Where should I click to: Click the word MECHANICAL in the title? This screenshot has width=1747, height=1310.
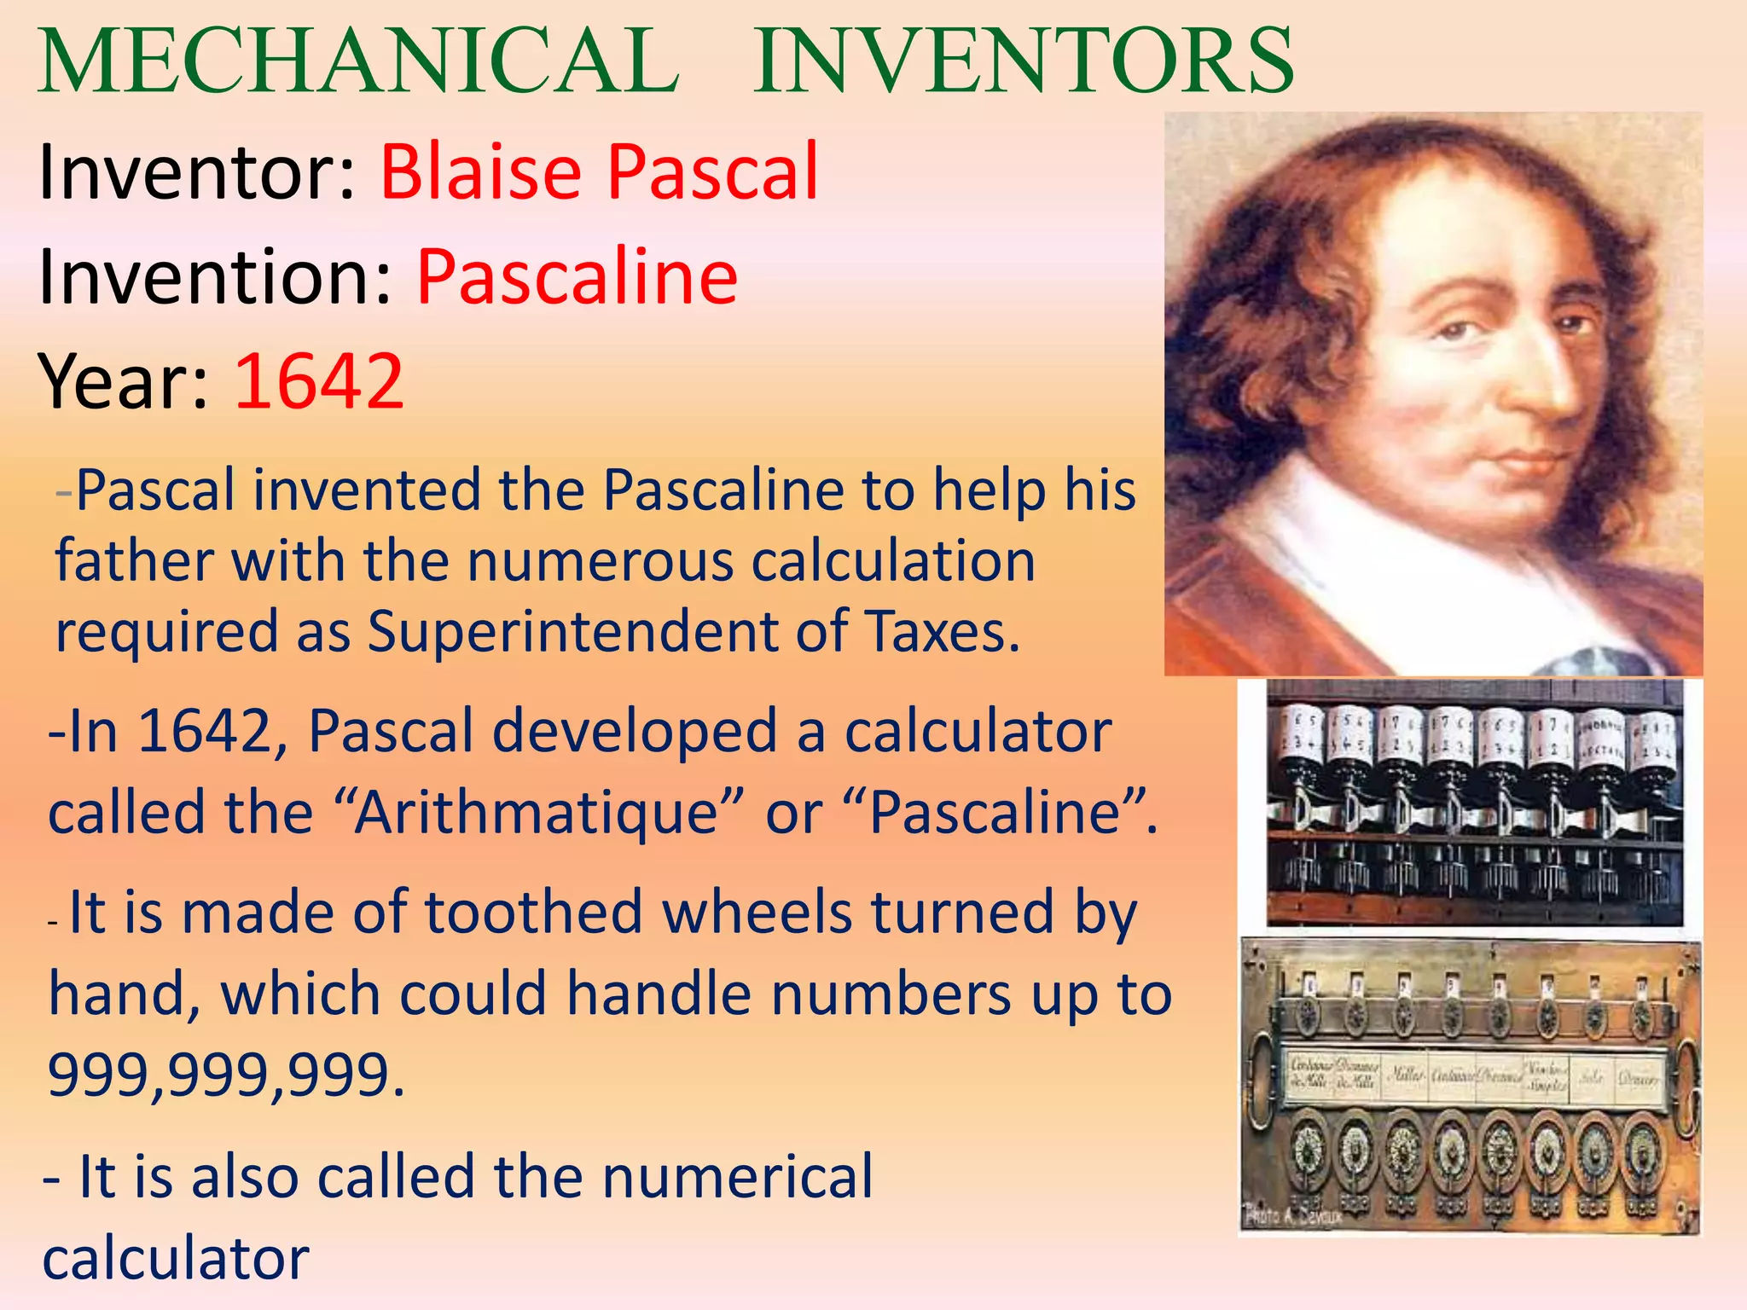point(358,61)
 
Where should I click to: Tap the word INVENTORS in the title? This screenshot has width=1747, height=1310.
point(1024,61)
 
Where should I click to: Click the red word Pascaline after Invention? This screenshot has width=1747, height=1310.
point(577,277)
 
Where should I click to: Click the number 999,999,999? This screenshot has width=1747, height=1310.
point(225,1075)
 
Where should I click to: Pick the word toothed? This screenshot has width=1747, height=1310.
point(534,913)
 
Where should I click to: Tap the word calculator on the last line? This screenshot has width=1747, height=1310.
point(176,1259)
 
